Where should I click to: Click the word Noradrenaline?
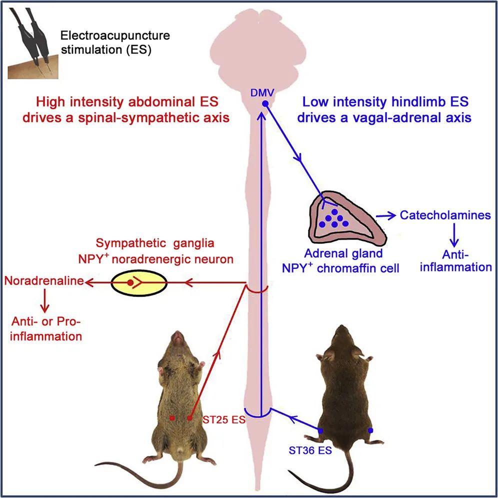(43, 281)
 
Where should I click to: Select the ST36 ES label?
(310, 449)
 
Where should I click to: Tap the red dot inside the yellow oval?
(130, 283)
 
